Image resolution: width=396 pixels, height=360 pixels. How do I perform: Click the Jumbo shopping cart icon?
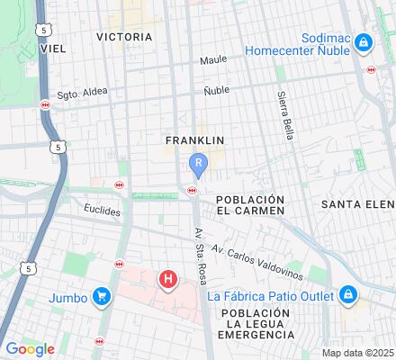(102, 296)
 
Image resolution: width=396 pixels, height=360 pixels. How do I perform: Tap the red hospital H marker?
(168, 280)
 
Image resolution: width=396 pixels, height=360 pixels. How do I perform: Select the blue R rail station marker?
(199, 163)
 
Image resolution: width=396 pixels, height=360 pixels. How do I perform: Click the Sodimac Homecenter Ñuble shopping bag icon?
(363, 42)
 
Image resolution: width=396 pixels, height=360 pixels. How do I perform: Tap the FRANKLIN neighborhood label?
(194, 140)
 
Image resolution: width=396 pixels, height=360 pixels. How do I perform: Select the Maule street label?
(213, 60)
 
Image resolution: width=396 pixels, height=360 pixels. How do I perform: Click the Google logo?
(30, 349)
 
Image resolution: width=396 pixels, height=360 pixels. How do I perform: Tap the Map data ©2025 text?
(358, 352)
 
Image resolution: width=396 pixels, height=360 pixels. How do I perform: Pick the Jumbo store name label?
(68, 297)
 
